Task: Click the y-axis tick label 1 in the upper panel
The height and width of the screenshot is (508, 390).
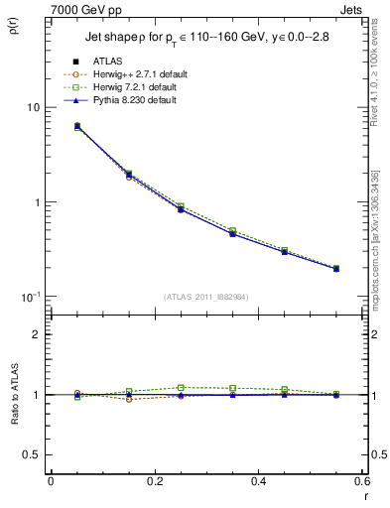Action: click(x=38, y=202)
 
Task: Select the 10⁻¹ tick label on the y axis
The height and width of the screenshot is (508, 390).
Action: click(x=31, y=297)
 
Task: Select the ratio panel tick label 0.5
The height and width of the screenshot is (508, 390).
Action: click(x=33, y=454)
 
